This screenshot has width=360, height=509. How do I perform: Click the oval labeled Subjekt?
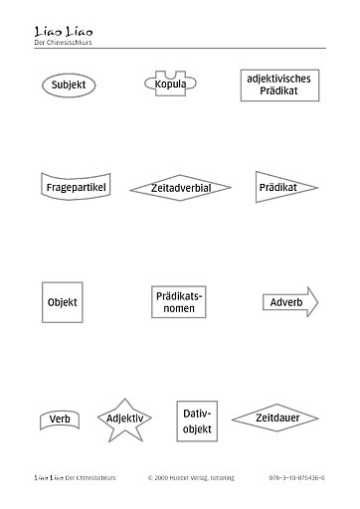[68, 85]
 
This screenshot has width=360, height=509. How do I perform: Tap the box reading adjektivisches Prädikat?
[271, 85]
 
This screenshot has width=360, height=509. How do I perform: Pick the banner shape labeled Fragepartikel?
[76, 186]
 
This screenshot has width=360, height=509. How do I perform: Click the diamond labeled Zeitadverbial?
[180, 187]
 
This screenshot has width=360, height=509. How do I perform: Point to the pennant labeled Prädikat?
[282, 186]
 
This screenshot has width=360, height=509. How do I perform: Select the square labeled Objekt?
[62, 301]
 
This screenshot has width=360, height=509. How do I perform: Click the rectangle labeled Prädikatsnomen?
[179, 302]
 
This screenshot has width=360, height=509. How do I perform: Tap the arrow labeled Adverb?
[289, 301]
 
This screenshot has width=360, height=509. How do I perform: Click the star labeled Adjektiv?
[124, 419]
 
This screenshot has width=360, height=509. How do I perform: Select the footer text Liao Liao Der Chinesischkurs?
[76, 477]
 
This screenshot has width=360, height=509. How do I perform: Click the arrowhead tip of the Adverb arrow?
[317, 301]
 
